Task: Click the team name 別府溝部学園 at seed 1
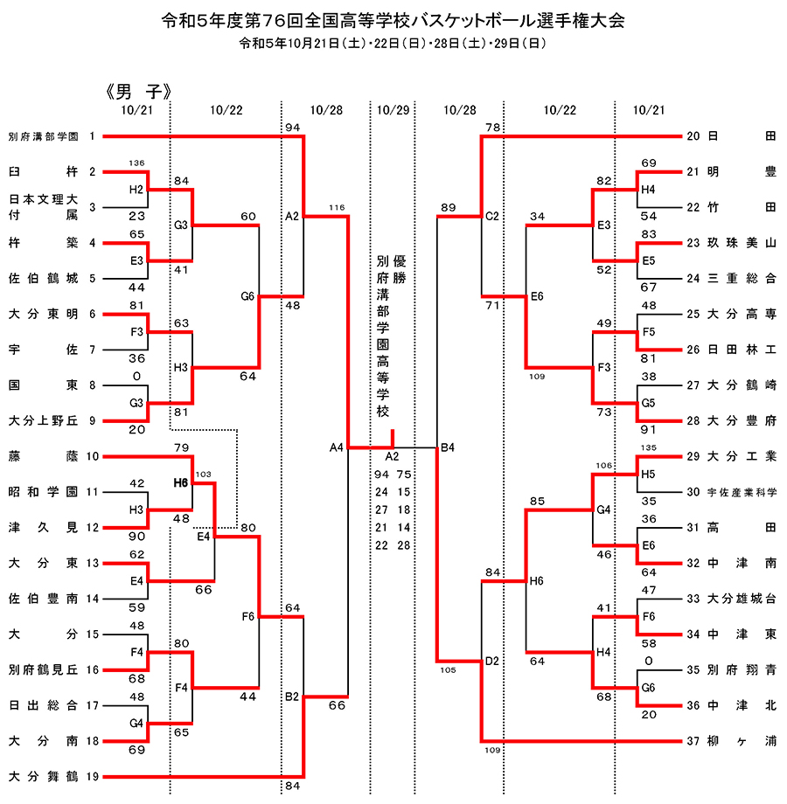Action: [x=44, y=136]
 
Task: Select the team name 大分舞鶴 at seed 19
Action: [x=44, y=776]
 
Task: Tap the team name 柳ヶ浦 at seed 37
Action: [x=742, y=741]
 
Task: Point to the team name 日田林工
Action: [x=742, y=350]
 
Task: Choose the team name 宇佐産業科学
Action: [x=742, y=492]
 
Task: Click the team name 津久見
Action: [x=44, y=527]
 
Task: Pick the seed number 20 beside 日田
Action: [x=693, y=136]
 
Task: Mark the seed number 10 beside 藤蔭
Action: [x=93, y=456]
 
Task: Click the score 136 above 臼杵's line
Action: [x=136, y=163]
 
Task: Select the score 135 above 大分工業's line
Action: [x=649, y=447]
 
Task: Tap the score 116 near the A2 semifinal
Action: [x=337, y=208]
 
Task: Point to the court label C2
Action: [x=492, y=217]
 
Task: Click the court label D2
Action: [x=492, y=662]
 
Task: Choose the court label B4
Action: [x=448, y=447]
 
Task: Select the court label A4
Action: [x=336, y=447]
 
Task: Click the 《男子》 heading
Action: [x=137, y=92]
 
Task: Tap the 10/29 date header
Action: [x=393, y=110]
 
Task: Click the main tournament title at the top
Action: [x=393, y=20]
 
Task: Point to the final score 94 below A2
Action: [x=381, y=475]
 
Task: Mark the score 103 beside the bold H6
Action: [x=203, y=475]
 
